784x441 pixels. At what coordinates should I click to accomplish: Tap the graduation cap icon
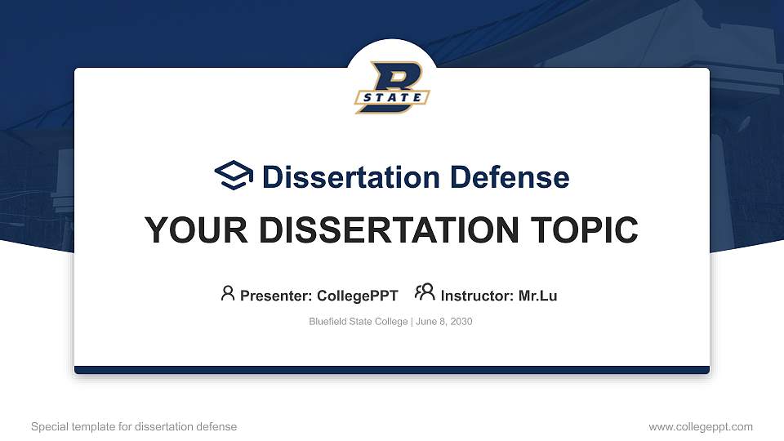click(234, 176)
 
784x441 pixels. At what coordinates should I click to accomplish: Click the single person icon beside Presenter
click(228, 293)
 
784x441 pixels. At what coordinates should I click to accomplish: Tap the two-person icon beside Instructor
click(425, 292)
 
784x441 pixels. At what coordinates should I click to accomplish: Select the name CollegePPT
click(357, 296)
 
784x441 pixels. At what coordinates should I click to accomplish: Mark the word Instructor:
click(477, 296)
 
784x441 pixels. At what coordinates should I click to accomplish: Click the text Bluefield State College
click(358, 322)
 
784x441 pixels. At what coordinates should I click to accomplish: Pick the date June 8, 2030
click(443, 322)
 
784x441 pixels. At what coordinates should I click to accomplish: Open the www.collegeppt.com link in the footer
click(701, 426)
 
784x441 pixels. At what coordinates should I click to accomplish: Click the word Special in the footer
click(49, 426)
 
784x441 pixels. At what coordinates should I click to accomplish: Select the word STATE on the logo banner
click(393, 99)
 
